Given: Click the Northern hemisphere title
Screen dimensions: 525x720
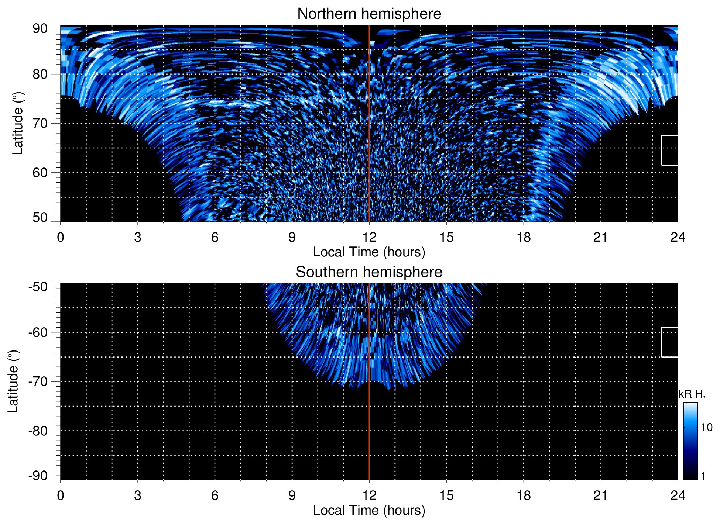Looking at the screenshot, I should click(369, 14).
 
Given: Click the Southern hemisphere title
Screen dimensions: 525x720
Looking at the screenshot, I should click(369, 272).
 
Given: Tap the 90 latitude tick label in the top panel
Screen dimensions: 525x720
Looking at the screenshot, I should click(40, 29).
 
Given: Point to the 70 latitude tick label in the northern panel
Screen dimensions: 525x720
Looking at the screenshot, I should click(40, 123).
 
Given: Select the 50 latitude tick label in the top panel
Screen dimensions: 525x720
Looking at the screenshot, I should click(40, 217).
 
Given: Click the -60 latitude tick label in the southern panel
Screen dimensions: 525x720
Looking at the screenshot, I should click(38, 332).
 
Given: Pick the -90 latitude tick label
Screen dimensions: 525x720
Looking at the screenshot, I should click(38, 476).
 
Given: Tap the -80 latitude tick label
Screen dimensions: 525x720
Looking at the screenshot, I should click(38, 431).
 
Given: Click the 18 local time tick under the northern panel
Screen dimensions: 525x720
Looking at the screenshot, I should click(523, 237).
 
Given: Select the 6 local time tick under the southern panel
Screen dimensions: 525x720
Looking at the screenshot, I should click(215, 495).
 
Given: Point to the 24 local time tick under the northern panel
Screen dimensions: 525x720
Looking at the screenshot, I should click(678, 237).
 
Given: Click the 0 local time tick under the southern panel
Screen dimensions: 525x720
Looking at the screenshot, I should click(61, 495).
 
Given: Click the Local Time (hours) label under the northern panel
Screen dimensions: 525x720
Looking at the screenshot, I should click(369, 252).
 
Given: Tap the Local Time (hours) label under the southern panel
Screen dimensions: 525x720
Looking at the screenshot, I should click(369, 511).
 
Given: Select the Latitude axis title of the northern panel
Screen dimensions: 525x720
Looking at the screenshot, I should click(17, 123).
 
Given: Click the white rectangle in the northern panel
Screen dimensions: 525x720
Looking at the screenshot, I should click(670, 150).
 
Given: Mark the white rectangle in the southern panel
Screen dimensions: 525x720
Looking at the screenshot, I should click(670, 342).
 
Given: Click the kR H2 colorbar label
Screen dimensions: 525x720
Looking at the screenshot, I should click(692, 394).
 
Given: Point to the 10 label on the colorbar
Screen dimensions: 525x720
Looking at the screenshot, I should click(706, 427).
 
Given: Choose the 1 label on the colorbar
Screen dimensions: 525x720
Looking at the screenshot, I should click(703, 476).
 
